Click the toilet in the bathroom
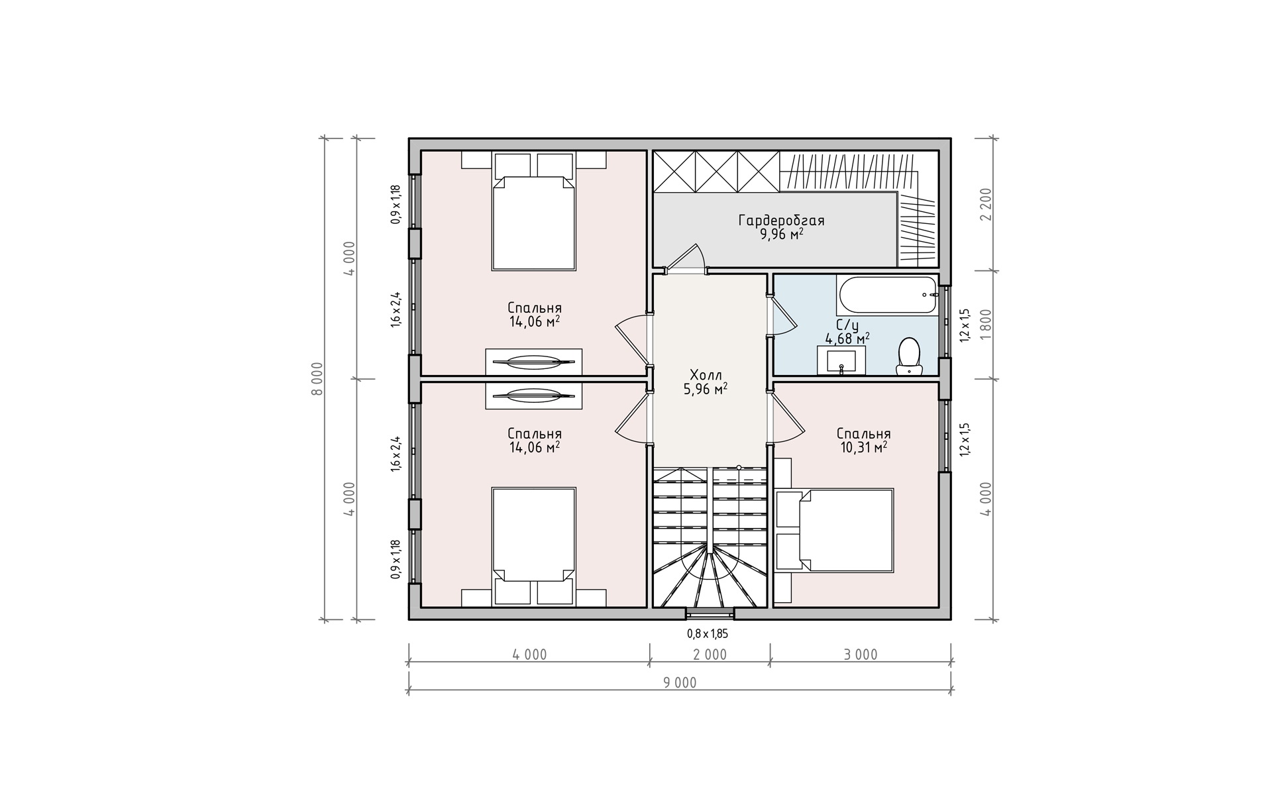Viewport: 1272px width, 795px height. tap(909, 356)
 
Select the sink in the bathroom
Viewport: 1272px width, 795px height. tap(841, 361)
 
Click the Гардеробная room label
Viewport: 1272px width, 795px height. tap(782, 221)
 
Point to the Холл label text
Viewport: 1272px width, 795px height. tap(706, 374)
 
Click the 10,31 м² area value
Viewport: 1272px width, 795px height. tap(862, 447)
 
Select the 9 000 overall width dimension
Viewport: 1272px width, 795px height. tap(680, 683)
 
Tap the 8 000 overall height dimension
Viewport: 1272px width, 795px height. tap(317, 379)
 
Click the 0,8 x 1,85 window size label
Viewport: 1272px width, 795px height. tap(708, 634)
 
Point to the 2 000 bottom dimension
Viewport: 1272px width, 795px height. tap(710, 655)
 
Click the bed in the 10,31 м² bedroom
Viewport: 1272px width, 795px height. tap(847, 530)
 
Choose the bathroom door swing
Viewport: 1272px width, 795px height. tap(784, 316)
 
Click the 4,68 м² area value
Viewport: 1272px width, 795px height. tap(847, 339)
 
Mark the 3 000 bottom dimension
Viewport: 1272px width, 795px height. tap(861, 655)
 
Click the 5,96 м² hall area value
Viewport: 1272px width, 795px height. tap(706, 389)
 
